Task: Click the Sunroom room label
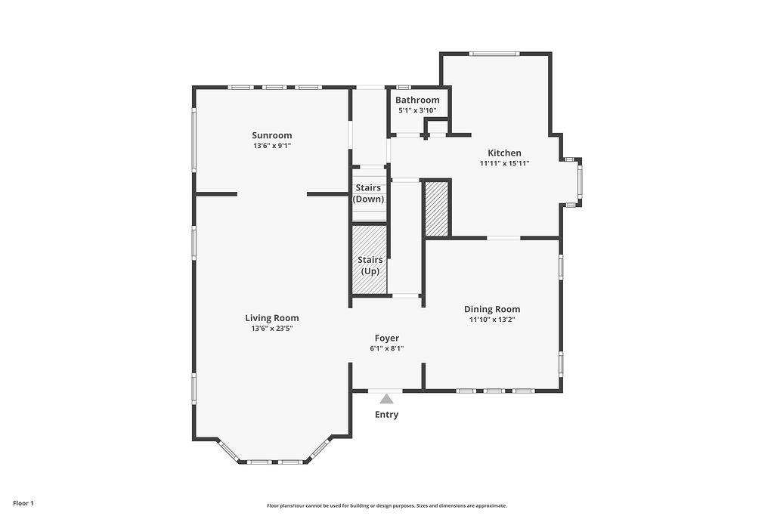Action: tap(272, 135)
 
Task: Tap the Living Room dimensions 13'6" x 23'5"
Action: tap(272, 329)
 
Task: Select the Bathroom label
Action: tap(417, 100)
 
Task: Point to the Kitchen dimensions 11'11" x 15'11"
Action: tap(504, 163)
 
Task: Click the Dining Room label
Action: tap(492, 309)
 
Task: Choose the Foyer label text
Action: tap(387, 338)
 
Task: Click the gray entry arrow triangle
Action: tap(386, 399)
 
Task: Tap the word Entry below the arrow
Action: tap(386, 414)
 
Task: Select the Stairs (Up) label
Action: tap(370, 265)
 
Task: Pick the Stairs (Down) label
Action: tap(368, 193)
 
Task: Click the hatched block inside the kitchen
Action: tap(437, 209)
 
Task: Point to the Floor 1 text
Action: tap(23, 503)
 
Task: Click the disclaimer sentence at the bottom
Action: tap(387, 505)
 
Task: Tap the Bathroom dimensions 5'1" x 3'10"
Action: tap(417, 110)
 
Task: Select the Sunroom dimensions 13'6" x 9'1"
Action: tap(272, 146)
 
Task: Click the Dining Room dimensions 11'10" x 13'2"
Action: tap(492, 320)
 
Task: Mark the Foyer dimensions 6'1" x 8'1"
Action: tap(387, 348)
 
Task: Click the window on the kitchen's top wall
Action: tap(494, 54)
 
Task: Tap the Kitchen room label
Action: tap(504, 153)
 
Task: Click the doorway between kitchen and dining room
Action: tap(503, 238)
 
